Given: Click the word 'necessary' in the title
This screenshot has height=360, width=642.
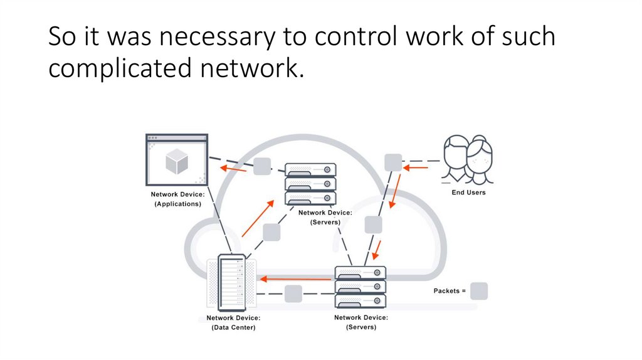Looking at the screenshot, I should [209, 37].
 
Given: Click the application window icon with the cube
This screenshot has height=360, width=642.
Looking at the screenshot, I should [176, 159].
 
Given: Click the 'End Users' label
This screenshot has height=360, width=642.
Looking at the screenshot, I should [468, 193].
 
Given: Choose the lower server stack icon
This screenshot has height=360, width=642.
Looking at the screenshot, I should [360, 287].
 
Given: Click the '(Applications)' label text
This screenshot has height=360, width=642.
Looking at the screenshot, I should [178, 204].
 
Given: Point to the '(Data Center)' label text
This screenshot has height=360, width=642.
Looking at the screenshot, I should [233, 327].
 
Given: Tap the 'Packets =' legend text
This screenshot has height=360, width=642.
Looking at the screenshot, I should [450, 291].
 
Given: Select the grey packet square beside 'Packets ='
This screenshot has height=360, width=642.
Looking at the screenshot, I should [479, 291].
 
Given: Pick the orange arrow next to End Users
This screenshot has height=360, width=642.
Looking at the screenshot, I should [416, 167].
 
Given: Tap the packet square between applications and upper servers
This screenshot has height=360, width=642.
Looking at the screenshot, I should [262, 166].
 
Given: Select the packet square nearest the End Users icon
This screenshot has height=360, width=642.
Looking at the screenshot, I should [393, 162].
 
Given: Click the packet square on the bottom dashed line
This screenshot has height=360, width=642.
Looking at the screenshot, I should [293, 294].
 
